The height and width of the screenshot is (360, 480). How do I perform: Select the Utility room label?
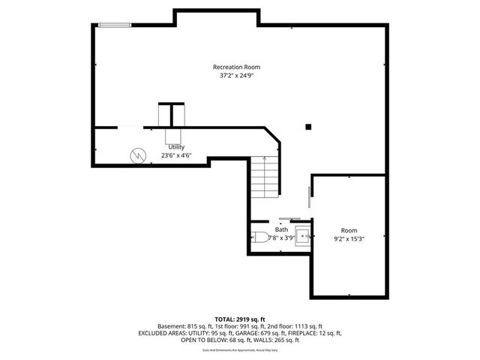click(176, 147)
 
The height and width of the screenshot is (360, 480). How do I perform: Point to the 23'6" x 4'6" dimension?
click(176, 156)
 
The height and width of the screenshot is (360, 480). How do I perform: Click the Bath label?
click(281, 229)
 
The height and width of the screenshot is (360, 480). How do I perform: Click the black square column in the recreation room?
click(308, 127)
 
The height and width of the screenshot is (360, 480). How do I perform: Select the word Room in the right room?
click(349, 230)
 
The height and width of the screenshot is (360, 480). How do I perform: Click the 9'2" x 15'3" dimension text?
click(349, 239)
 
